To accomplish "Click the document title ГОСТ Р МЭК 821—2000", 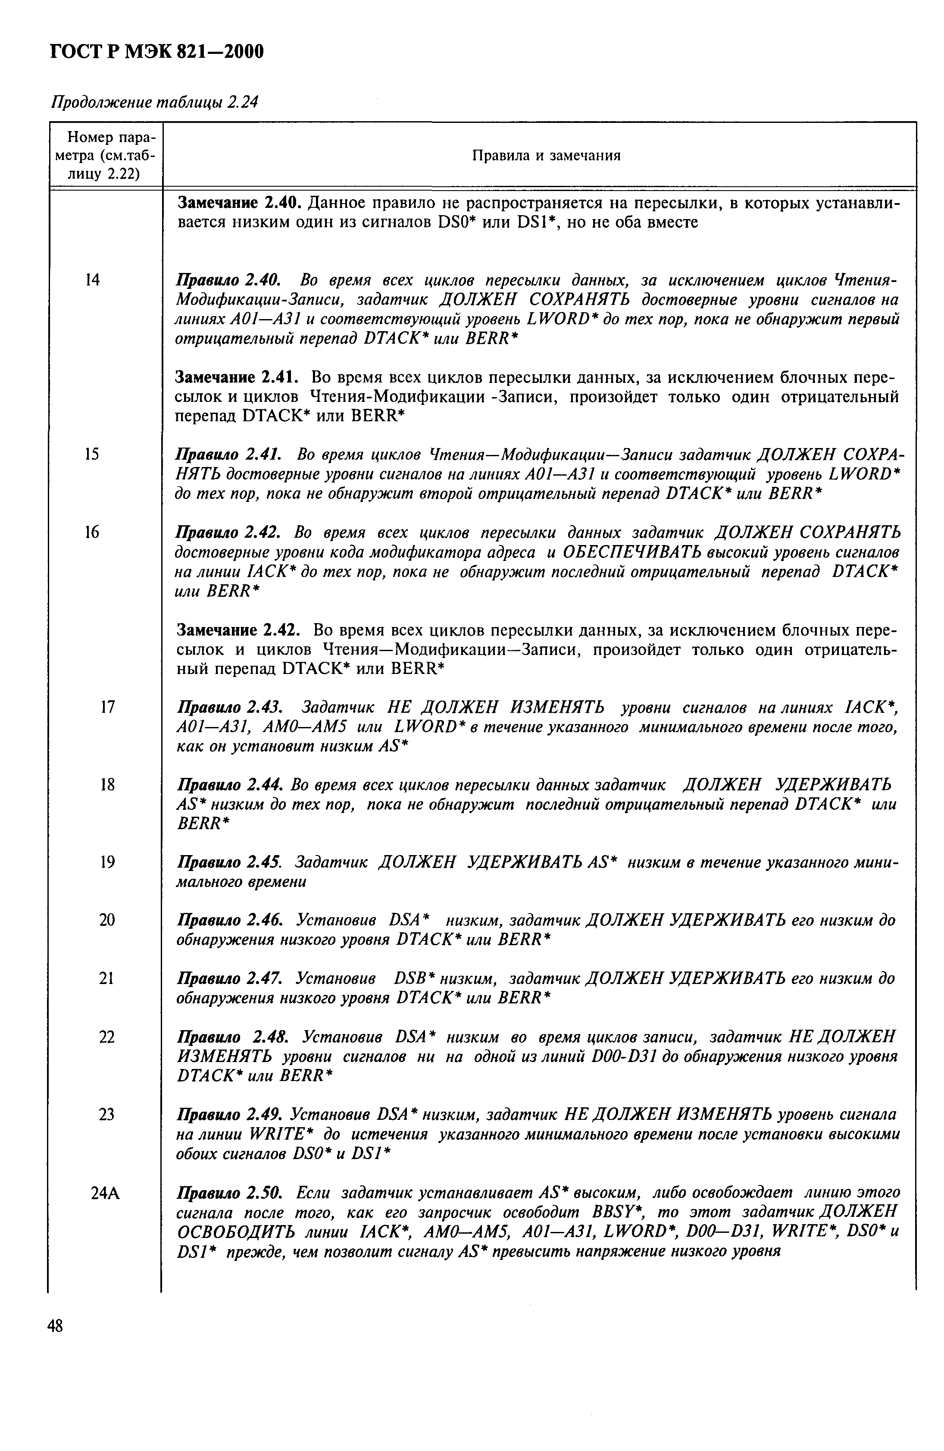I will click(156, 53).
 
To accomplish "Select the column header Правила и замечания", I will click(546, 156).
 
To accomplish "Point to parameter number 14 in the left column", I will click(91, 280).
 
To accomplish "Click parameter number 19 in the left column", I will click(106, 862).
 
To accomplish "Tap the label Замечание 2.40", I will click(239, 202).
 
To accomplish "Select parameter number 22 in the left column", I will click(106, 1037).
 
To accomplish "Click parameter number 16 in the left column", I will click(91, 532).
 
